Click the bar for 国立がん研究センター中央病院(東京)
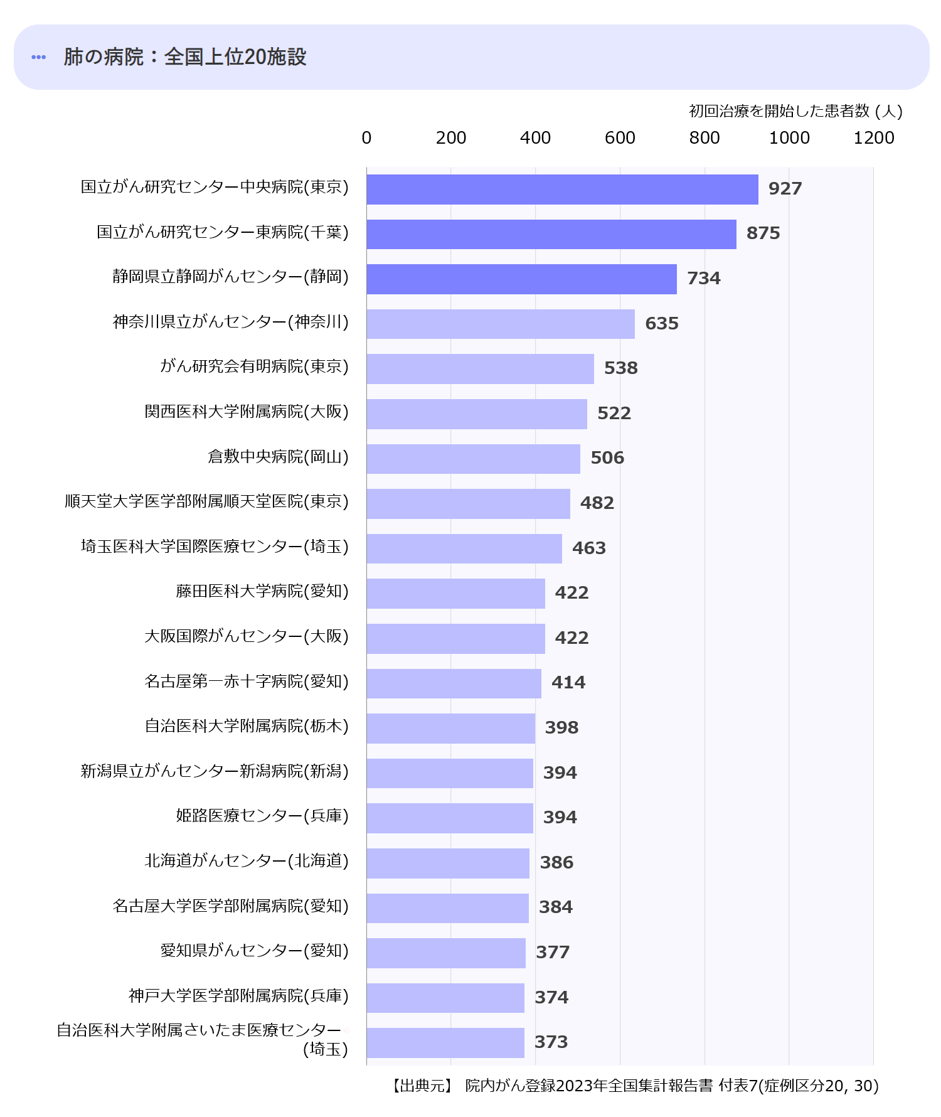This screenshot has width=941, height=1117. [562, 190]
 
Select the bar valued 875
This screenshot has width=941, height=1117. [551, 234]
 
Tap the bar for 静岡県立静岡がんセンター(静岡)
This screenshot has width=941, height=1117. [521, 279]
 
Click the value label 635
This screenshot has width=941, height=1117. [662, 324]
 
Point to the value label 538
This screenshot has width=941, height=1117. [620, 368]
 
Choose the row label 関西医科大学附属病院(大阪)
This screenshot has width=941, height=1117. [247, 412]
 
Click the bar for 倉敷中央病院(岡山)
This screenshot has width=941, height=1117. [473, 459]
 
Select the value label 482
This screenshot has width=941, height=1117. [597, 503]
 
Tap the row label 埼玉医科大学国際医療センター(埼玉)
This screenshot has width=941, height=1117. [215, 547]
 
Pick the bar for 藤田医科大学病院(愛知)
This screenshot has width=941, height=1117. [455, 594]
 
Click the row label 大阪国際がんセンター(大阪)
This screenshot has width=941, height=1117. [247, 636]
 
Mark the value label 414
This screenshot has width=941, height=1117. [568, 683]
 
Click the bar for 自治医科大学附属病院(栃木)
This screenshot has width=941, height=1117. [450, 729]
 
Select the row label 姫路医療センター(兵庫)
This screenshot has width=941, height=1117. [262, 816]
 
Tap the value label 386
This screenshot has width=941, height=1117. [556, 863]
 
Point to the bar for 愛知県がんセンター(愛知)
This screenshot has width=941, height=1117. [446, 953]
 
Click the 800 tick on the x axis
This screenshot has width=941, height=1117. [704, 138]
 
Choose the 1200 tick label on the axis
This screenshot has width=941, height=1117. [873, 138]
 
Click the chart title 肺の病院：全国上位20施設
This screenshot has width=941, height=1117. [185, 57]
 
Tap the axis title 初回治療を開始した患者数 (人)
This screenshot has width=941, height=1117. [795, 111]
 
